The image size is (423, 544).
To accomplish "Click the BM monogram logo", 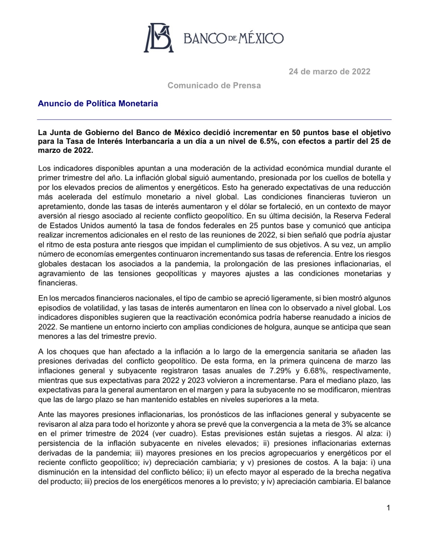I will tap(159, 38).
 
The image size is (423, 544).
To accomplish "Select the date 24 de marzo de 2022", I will tap(329, 72).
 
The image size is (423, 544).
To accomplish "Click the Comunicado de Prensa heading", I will tap(214, 85).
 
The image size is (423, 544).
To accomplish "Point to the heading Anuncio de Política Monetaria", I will tap(98, 103).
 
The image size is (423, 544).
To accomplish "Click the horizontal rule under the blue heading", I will tap(214, 119).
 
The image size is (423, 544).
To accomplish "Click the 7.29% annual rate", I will tap(280, 370).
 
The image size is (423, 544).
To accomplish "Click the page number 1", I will tap(388, 508).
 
